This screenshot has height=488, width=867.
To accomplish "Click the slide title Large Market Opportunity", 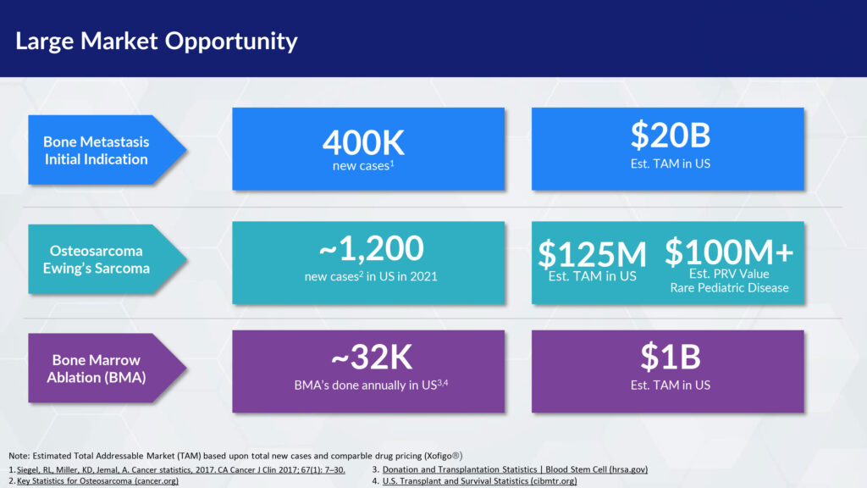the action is pyautogui.click(x=157, y=41).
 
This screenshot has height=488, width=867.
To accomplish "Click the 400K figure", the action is pyautogui.click(x=363, y=142).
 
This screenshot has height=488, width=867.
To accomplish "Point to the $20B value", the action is pyautogui.click(x=671, y=135).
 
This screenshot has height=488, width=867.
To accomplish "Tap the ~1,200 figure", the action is pyautogui.click(x=371, y=248).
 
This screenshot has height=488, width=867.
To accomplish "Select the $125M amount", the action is pyautogui.click(x=592, y=254).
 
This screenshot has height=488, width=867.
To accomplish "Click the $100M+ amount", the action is pyautogui.click(x=729, y=251).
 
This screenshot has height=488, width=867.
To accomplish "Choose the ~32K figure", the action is pyautogui.click(x=371, y=357).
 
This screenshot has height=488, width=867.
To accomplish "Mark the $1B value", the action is pyautogui.click(x=671, y=357).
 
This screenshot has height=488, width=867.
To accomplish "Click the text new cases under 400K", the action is pyautogui.click(x=361, y=166).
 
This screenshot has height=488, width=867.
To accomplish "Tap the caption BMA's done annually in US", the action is pyautogui.click(x=366, y=385).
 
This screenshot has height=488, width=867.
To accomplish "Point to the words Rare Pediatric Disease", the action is pyautogui.click(x=729, y=288).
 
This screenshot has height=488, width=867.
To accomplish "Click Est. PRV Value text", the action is pyautogui.click(x=729, y=274).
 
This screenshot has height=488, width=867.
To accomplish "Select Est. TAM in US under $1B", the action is pyautogui.click(x=671, y=385).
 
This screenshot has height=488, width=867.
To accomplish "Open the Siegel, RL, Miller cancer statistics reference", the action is pyautogui.click(x=181, y=469).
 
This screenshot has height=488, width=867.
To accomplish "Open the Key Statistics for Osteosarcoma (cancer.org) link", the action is pyautogui.click(x=97, y=481).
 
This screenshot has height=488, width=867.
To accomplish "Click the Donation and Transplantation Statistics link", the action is pyautogui.click(x=515, y=469).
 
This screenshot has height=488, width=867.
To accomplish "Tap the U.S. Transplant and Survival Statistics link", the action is pyautogui.click(x=479, y=481).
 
